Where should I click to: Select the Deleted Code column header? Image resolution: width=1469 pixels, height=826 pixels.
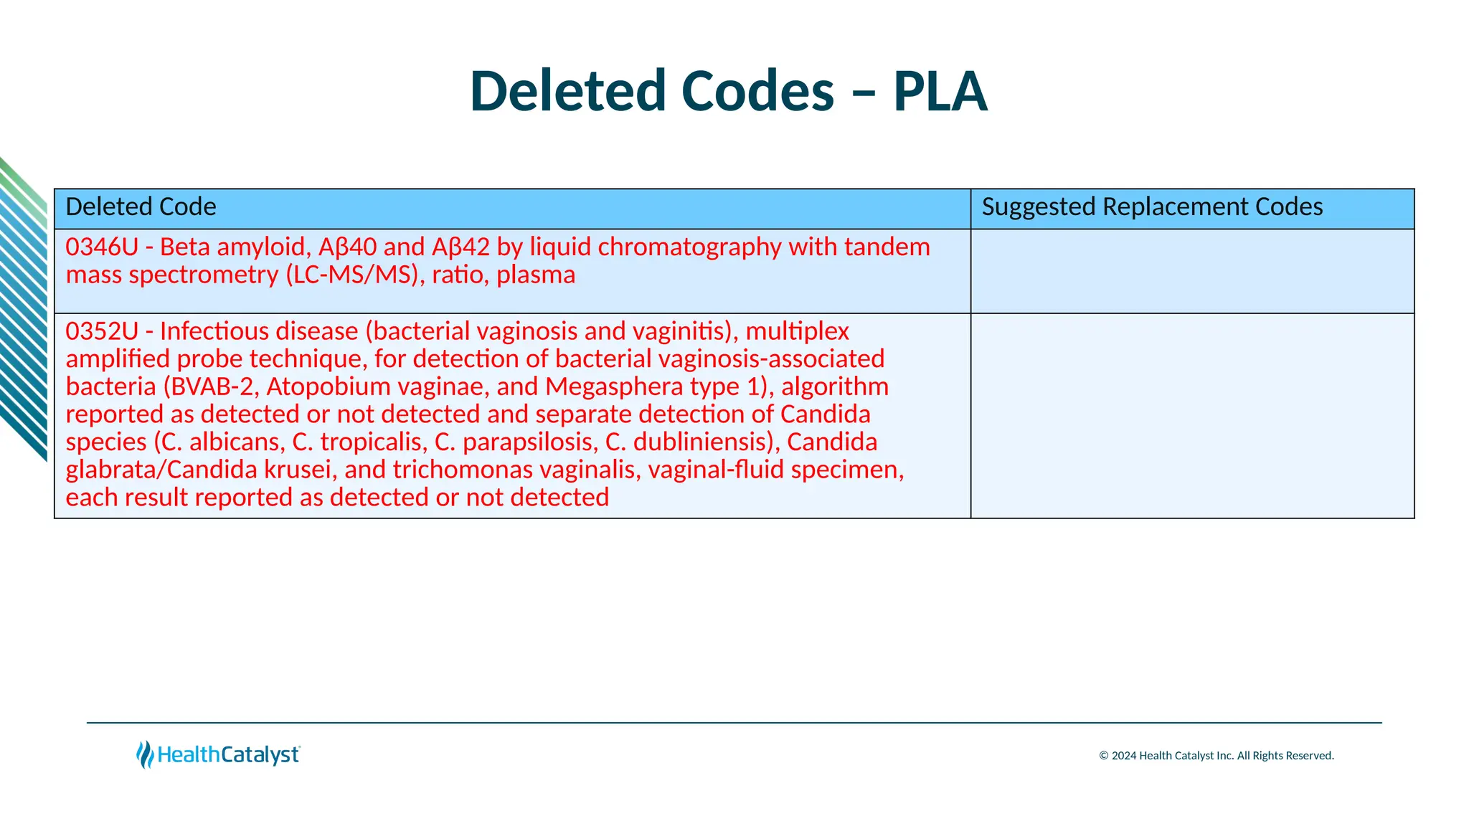click(141, 207)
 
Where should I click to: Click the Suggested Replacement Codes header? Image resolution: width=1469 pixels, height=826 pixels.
click(1152, 207)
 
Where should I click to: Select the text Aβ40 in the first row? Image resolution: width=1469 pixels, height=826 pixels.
click(347, 247)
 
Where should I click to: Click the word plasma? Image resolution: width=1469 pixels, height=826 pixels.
click(536, 275)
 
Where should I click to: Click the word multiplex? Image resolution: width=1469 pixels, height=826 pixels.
click(797, 331)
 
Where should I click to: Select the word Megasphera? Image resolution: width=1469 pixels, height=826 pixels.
click(614, 387)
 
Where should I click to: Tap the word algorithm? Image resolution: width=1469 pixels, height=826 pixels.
click(835, 387)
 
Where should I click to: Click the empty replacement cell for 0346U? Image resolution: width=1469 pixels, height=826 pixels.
click(1192, 271)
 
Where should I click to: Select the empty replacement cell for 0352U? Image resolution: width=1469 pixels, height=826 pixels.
click(1192, 415)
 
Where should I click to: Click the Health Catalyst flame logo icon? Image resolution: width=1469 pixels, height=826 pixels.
click(145, 754)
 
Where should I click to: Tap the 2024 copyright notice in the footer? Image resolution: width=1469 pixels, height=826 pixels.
click(1216, 756)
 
